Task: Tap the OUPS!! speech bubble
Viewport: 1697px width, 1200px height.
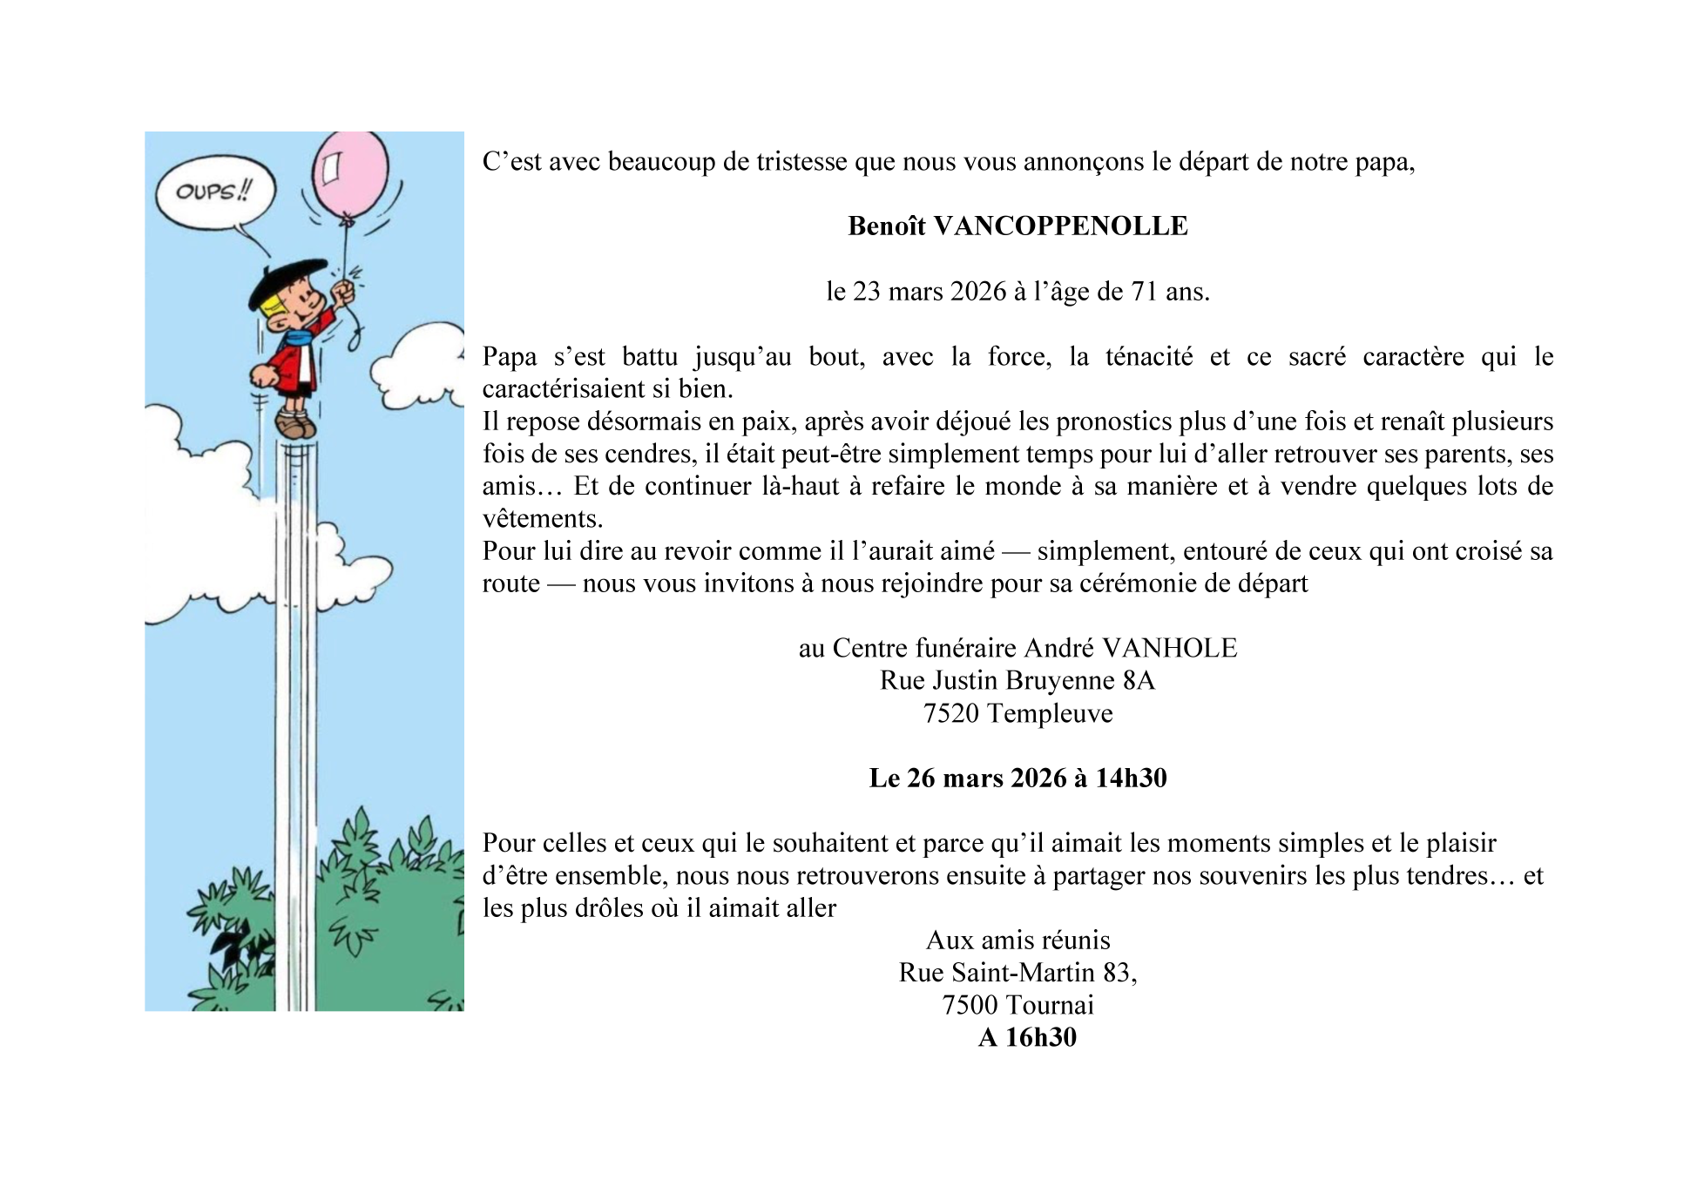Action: (x=214, y=192)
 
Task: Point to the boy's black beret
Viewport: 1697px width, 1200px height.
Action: (x=286, y=280)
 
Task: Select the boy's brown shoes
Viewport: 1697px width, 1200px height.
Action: (x=294, y=425)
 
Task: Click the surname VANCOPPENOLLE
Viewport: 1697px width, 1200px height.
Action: (x=1060, y=226)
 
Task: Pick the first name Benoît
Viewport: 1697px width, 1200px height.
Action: (x=886, y=226)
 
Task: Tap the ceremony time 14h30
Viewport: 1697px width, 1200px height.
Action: (x=1131, y=778)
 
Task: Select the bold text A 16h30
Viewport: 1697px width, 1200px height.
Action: (x=1027, y=1037)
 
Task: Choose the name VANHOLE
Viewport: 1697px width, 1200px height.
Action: (x=1169, y=648)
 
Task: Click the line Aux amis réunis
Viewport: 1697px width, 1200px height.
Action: (x=1018, y=940)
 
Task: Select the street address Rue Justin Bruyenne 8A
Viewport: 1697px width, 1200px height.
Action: (x=1017, y=680)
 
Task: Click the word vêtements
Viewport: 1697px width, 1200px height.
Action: (x=542, y=519)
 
